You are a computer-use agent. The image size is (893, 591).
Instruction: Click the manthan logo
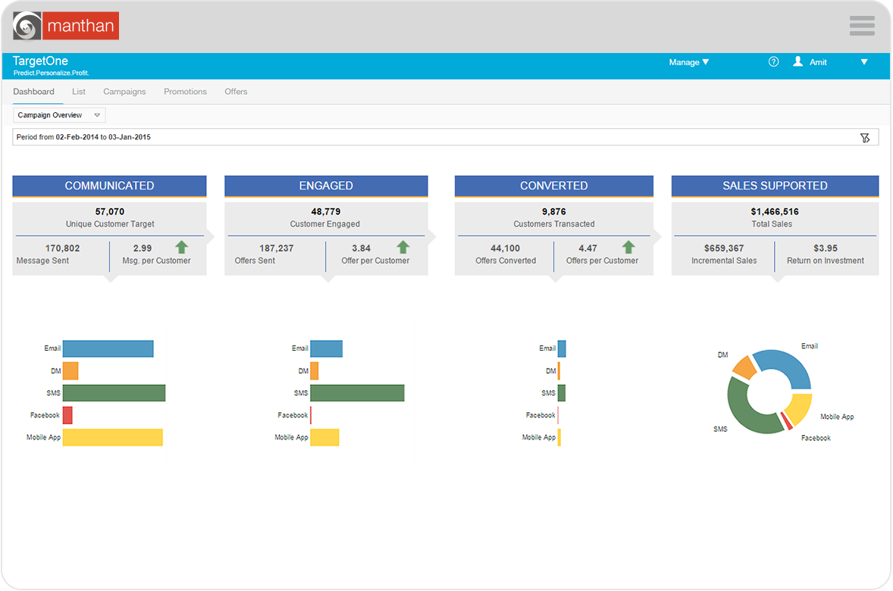pos(66,26)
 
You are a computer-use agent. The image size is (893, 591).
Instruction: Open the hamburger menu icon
pos(862,26)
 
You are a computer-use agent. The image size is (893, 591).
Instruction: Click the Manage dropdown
pos(688,62)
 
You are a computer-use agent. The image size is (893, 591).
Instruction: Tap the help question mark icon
pos(773,62)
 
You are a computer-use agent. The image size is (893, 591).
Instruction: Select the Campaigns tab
pos(124,92)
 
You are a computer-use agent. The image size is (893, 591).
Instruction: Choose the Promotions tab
pos(185,92)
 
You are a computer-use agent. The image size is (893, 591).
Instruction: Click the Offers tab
pos(236,92)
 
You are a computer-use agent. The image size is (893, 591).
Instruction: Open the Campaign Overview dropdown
pos(59,115)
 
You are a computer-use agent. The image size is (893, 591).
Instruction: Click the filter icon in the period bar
pos(865,137)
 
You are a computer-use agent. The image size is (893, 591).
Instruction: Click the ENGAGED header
pos(326,186)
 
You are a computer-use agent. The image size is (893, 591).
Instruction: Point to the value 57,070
pos(109,211)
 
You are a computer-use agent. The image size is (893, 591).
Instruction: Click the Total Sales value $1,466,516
pos(775,211)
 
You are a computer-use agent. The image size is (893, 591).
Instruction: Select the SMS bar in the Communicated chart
pos(114,393)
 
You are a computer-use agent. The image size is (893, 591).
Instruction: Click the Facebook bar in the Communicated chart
pos(67,415)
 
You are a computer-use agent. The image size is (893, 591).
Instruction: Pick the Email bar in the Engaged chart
pos(326,349)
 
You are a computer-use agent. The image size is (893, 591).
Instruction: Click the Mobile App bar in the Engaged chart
pos(324,437)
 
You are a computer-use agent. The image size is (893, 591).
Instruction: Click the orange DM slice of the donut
pos(744,367)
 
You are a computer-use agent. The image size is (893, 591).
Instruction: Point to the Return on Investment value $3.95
pos(826,248)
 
